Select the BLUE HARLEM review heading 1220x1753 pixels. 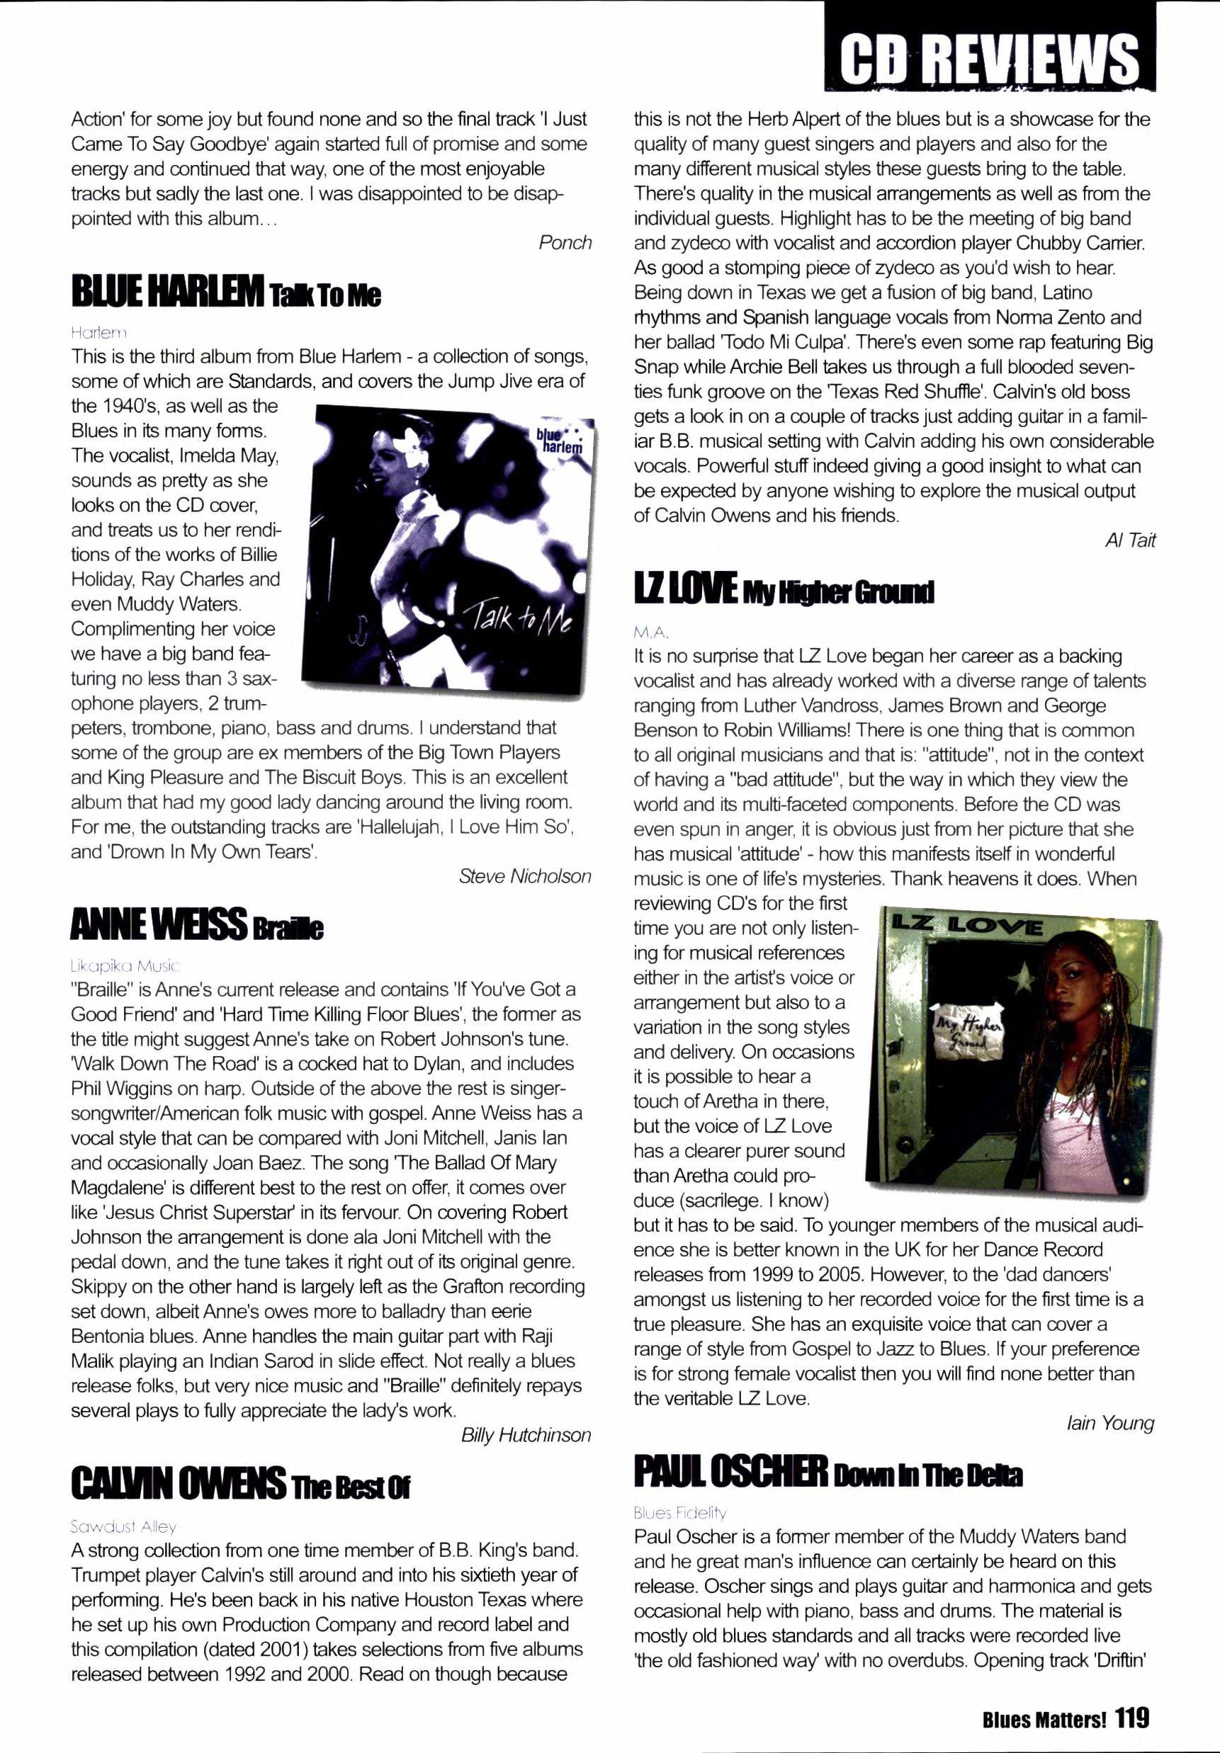(225, 295)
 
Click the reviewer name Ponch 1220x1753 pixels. (565, 243)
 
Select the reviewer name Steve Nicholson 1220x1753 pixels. (525, 877)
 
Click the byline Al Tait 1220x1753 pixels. (1130, 540)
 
